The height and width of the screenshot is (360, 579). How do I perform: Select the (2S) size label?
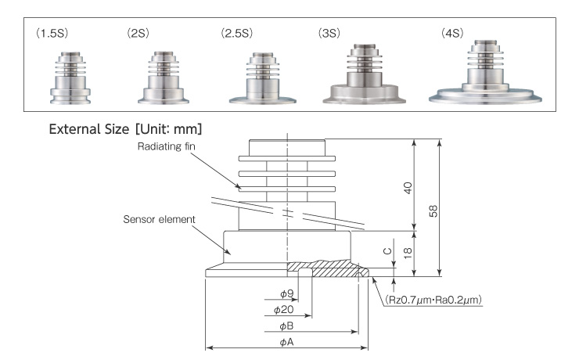click(x=138, y=34)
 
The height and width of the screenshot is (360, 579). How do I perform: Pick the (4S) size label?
click(x=455, y=34)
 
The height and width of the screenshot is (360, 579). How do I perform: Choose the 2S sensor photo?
click(x=163, y=78)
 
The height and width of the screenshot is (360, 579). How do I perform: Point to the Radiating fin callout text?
click(x=182, y=146)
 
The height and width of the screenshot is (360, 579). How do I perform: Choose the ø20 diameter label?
click(x=289, y=310)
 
